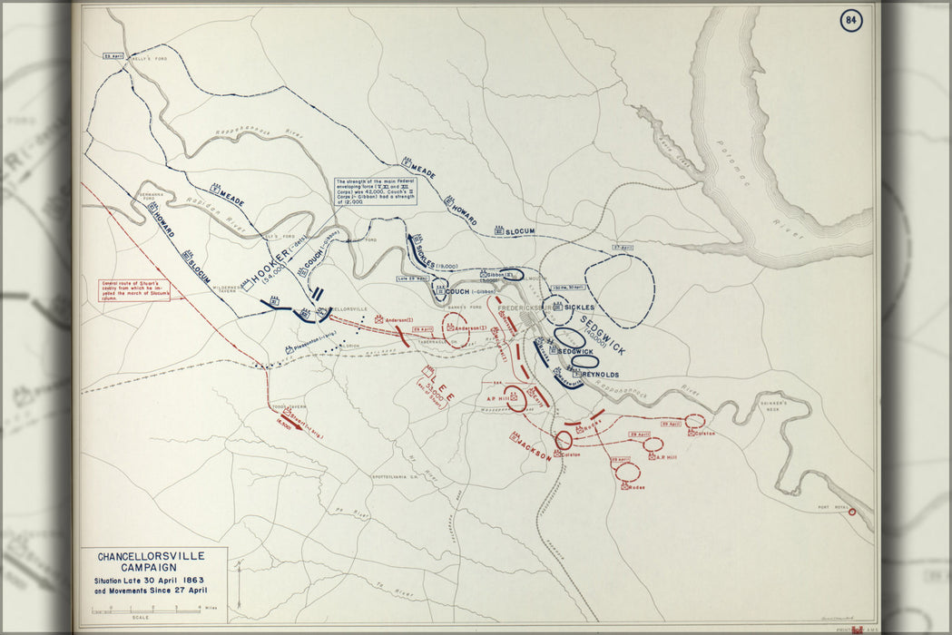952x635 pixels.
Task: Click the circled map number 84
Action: pyautogui.click(x=850, y=20)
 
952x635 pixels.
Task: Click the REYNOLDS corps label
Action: pyautogui.click(x=601, y=374)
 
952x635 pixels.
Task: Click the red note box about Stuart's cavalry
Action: pyautogui.click(x=134, y=289)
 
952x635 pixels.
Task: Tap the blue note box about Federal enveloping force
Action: pyautogui.click(x=374, y=190)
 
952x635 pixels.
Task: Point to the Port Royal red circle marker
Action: pyautogui.click(x=851, y=512)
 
